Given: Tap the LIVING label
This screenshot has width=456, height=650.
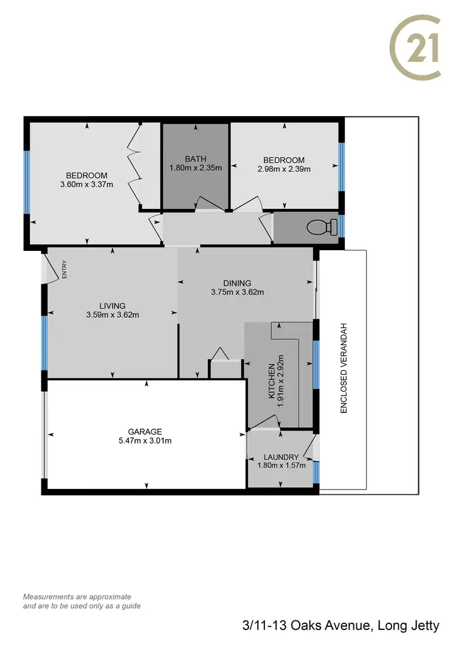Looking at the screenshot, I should (x=112, y=306).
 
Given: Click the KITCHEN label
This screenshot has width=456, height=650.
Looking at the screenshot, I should (x=272, y=381).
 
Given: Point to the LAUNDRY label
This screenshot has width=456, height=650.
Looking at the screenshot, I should (x=281, y=457).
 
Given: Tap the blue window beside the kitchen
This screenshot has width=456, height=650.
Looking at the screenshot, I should (x=316, y=363).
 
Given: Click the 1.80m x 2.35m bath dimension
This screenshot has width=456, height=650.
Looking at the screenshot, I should (x=195, y=168).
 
